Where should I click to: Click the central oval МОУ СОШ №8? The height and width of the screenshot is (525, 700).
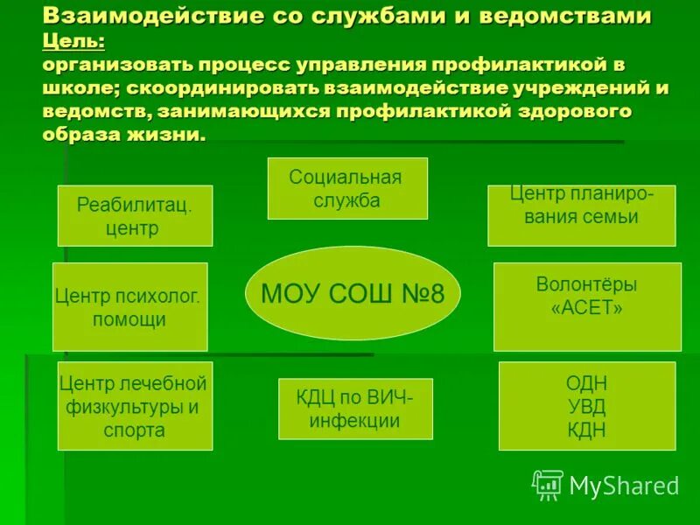pos(353,292)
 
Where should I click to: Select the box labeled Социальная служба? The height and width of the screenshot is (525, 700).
pos(346,188)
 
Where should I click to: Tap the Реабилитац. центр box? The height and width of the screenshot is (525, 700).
pos(135,215)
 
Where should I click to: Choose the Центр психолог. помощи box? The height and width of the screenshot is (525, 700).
pos(129,306)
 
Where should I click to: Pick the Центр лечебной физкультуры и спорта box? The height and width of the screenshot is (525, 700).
pos(135,406)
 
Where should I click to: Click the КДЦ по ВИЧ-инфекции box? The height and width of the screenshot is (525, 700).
pos(355,409)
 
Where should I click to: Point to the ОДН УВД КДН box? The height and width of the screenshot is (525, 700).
pos(586,406)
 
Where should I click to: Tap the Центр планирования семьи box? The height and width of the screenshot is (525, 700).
pos(581,214)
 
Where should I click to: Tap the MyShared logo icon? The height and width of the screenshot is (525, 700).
pos(548,484)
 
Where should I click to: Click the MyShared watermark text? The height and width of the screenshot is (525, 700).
pos(624,485)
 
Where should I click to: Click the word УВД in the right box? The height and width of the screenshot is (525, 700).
pos(586,406)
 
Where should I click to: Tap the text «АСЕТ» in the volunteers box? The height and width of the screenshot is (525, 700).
pos(586,308)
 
